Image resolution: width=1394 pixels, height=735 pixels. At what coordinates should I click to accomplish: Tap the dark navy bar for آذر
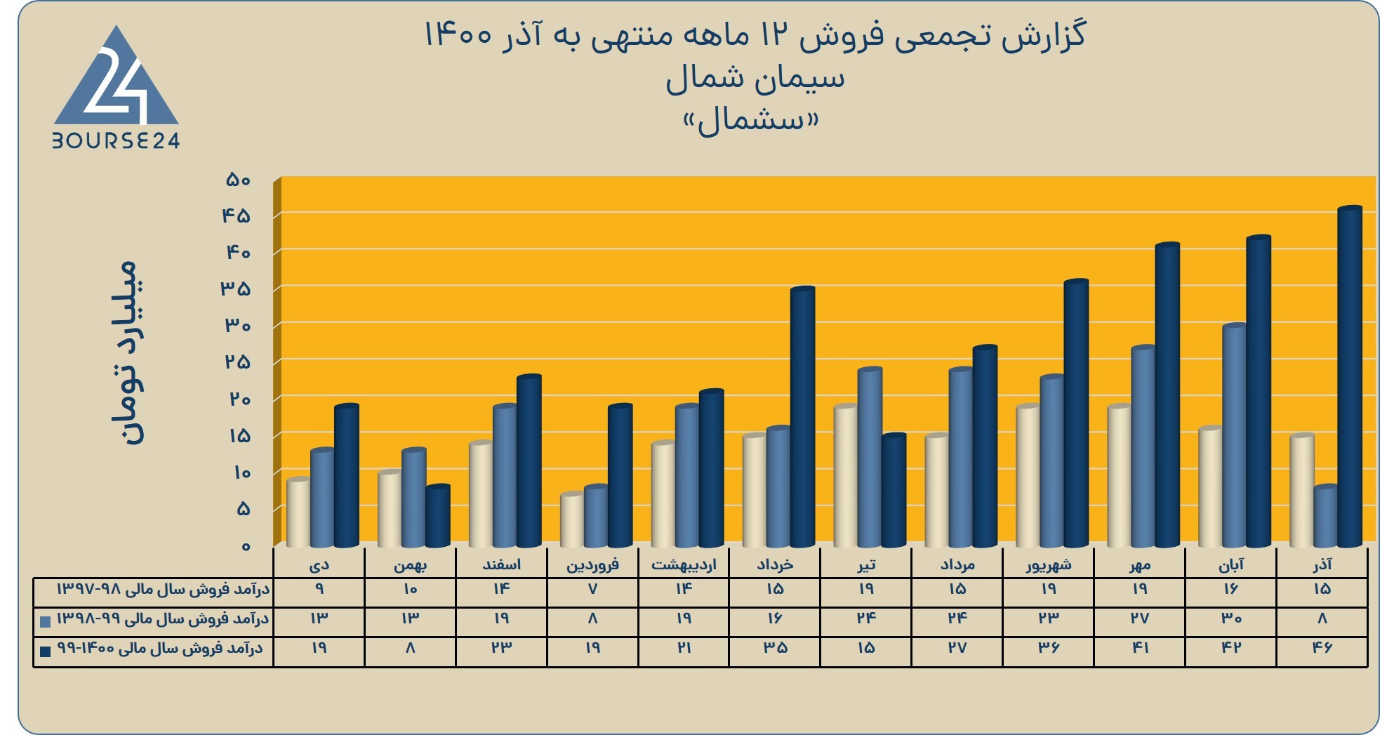click(1350, 377)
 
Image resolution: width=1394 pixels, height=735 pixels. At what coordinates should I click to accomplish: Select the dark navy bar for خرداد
click(802, 417)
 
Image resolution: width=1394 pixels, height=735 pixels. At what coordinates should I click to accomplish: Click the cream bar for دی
click(298, 512)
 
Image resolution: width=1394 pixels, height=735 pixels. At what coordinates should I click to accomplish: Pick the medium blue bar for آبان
click(1235, 436)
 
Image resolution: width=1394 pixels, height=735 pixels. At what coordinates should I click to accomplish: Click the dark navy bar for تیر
click(894, 491)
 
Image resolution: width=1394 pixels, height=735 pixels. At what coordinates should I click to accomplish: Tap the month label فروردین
click(593, 565)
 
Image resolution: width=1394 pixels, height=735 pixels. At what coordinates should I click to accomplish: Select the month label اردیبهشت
click(684, 565)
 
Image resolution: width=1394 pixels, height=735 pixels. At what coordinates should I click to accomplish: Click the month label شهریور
click(1049, 565)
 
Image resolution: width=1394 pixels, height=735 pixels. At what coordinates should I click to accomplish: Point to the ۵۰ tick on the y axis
click(238, 180)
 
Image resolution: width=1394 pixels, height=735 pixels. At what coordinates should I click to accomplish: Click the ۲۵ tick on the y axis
click(237, 362)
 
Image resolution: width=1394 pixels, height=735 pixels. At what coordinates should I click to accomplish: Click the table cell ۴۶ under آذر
click(1322, 648)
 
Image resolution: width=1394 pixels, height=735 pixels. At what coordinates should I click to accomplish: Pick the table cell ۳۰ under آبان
click(1231, 618)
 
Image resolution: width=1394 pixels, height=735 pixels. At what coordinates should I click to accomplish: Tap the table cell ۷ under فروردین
click(593, 589)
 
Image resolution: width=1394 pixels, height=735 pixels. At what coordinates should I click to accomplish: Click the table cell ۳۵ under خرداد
click(775, 648)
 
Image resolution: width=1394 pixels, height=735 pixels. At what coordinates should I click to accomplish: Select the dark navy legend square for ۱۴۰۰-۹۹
click(46, 651)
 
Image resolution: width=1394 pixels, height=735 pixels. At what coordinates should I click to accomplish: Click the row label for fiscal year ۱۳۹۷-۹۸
click(163, 589)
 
